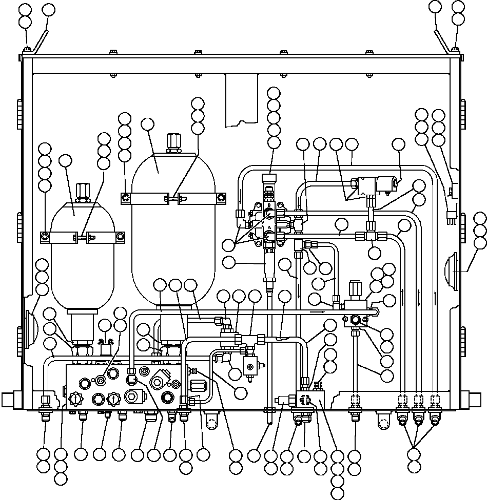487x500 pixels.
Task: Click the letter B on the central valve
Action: point(268,205)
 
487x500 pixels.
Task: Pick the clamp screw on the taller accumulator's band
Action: point(174,197)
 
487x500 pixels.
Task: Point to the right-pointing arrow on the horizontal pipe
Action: point(320,310)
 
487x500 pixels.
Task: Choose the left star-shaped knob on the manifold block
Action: point(75,398)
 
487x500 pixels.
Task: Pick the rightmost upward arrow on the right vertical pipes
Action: point(435,295)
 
